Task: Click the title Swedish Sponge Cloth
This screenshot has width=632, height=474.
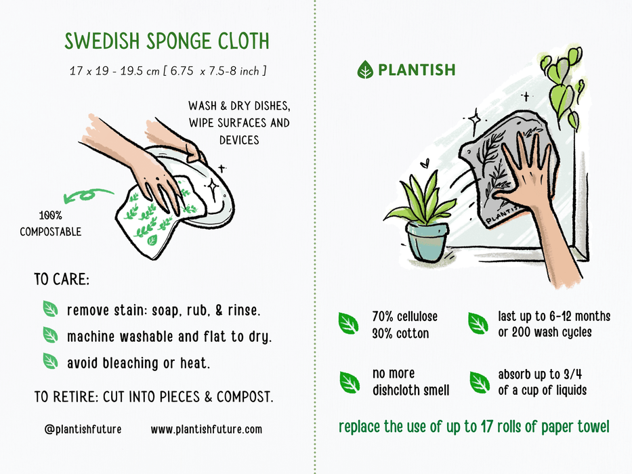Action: (x=167, y=42)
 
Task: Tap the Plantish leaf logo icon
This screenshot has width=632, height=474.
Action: (x=365, y=70)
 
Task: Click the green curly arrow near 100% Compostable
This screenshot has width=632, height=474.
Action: (x=87, y=196)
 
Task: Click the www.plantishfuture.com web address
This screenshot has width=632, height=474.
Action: (x=206, y=429)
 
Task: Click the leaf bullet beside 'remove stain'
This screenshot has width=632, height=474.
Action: (x=51, y=309)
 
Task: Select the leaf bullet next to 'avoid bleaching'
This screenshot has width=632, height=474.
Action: (x=51, y=361)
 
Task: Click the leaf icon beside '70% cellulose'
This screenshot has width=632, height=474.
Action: (x=349, y=324)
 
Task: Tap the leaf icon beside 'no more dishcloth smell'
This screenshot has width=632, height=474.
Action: (x=350, y=382)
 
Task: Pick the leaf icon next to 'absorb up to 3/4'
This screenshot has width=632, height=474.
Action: (x=479, y=382)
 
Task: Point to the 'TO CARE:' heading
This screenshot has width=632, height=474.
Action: (x=62, y=279)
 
